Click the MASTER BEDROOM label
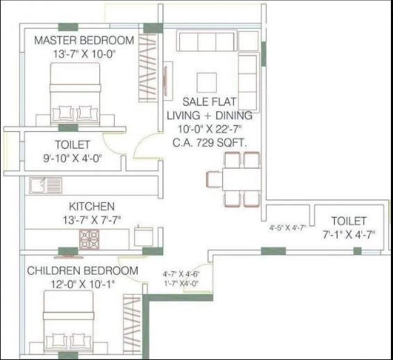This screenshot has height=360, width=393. click(85, 41)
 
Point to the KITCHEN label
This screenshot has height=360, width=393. click(91, 206)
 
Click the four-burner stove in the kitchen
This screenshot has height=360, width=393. click(90, 238)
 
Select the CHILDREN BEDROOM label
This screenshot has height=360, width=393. click(83, 270)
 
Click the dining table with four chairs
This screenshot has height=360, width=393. click(233, 179)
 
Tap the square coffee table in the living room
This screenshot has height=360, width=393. click(206, 83)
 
